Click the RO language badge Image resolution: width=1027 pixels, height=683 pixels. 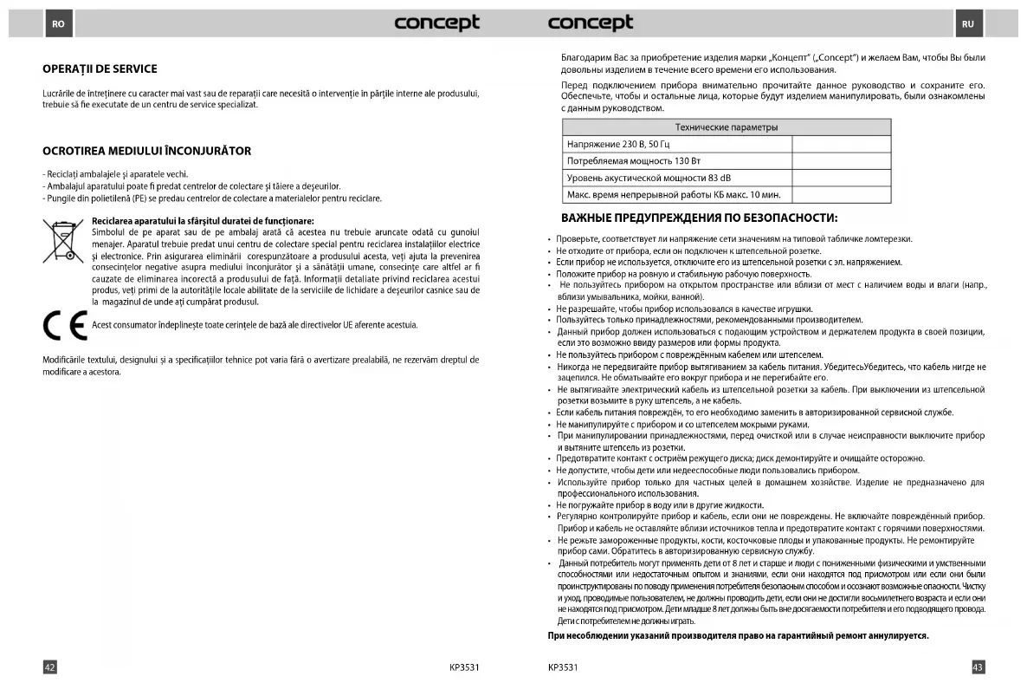[x=58, y=23]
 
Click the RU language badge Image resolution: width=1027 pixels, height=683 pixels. [x=967, y=23]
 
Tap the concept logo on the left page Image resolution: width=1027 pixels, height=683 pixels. [x=436, y=23]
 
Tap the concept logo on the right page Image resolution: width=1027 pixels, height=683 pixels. [x=591, y=23]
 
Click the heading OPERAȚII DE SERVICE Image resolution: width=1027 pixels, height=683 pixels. [x=100, y=69]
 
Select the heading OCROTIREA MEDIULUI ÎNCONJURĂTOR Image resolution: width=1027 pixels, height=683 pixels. [x=146, y=151]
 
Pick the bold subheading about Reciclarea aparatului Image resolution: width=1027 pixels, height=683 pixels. [x=203, y=221]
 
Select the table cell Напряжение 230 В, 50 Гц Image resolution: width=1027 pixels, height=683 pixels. [x=618, y=144]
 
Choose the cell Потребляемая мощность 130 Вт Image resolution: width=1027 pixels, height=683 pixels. [x=633, y=161]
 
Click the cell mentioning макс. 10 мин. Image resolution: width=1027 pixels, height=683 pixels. [x=674, y=195]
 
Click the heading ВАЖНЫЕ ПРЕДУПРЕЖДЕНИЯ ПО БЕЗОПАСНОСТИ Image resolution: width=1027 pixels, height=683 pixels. [x=700, y=217]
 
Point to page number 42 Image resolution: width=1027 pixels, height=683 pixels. [x=50, y=667]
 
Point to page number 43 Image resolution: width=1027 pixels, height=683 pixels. [x=978, y=667]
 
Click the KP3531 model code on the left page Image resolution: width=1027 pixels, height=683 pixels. [x=464, y=667]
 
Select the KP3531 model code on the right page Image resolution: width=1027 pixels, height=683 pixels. [x=563, y=667]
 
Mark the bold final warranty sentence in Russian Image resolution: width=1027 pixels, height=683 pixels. [x=738, y=635]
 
